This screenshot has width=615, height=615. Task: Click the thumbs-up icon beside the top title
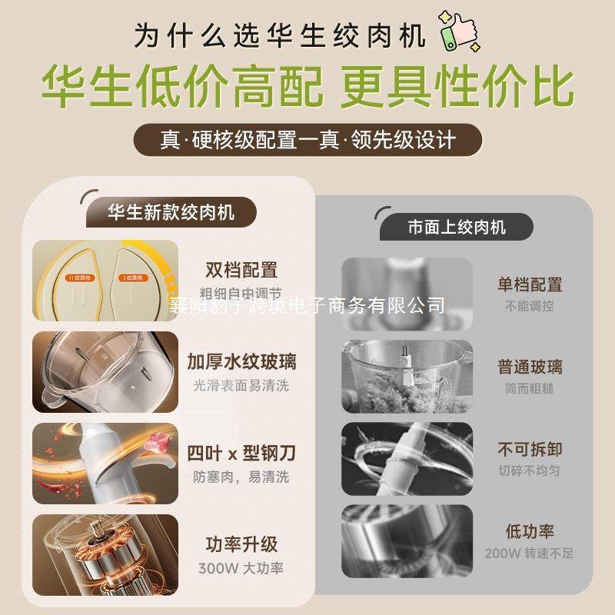[x=457, y=32]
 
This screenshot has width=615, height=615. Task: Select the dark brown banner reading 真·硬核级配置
[x=307, y=141]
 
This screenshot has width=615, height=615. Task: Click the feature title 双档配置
[x=241, y=270]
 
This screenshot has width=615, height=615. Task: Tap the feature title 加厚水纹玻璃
[x=241, y=361]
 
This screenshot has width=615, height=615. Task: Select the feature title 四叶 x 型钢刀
[x=241, y=453]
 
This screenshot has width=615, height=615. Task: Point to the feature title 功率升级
[x=241, y=544]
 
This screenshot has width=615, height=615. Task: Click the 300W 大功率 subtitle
[x=241, y=569]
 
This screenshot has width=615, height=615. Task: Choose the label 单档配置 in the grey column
[x=530, y=284]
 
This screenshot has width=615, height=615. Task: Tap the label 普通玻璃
[x=530, y=366]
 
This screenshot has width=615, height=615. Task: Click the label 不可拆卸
[x=530, y=448]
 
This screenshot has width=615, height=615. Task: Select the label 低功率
[x=530, y=530]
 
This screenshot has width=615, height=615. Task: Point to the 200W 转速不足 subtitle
[x=530, y=553]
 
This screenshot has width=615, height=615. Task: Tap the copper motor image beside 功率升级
[x=105, y=555]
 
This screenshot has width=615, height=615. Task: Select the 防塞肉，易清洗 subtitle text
[x=241, y=477]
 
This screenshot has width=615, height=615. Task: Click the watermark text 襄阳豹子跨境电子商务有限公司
[x=307, y=306]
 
